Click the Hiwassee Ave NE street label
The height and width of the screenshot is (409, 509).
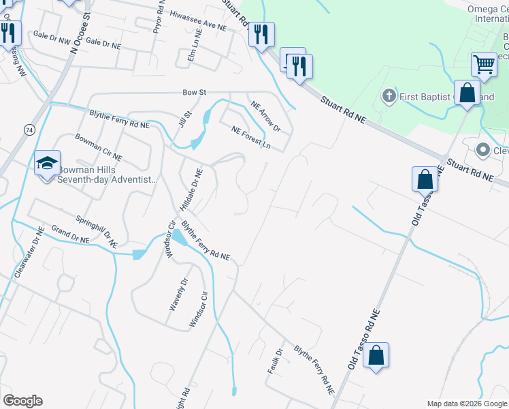[197, 20]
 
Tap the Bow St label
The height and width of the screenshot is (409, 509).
[194, 92]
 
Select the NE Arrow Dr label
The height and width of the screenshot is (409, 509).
[265, 115]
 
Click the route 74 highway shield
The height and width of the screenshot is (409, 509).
[28, 129]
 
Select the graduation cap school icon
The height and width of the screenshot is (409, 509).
[48, 164]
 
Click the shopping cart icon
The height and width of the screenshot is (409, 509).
[484, 65]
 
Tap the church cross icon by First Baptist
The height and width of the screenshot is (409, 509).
[389, 95]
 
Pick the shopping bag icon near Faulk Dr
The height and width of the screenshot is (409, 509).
[376, 355]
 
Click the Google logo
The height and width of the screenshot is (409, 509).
[22, 401]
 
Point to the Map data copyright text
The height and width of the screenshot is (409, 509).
[466, 404]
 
